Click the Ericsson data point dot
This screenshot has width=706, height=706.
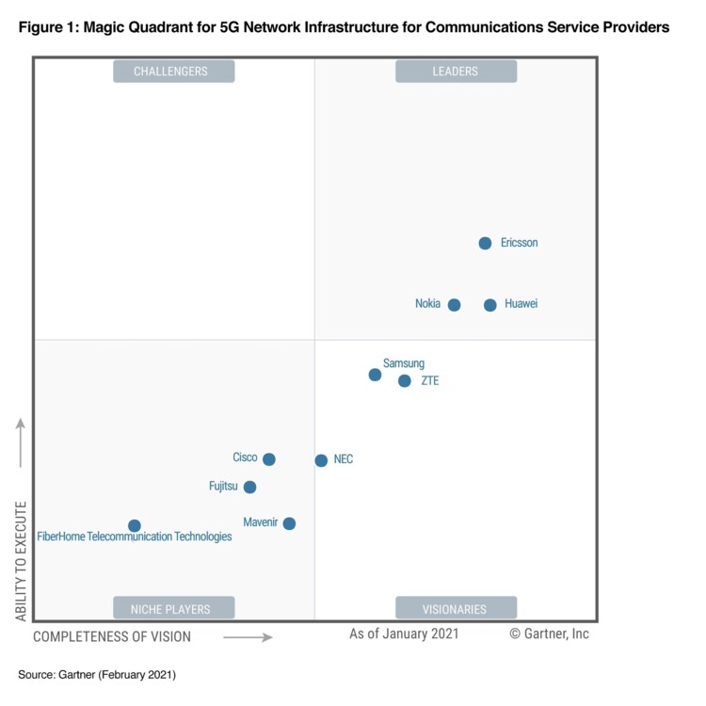485,243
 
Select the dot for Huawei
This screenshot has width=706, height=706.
489,305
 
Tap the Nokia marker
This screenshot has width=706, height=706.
454,305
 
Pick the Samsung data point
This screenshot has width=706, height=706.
375,375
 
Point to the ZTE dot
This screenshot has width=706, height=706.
404,381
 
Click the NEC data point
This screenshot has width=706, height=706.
321,460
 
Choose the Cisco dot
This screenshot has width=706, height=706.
268,459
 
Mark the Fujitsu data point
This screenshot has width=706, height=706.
249,487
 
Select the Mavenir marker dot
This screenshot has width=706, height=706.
289,523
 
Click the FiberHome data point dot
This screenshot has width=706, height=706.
135,525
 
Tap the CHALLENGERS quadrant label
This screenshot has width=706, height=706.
173,72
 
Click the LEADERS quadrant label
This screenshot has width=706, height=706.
456,72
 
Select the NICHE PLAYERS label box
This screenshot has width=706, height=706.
173,608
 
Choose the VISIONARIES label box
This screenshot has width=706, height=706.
456,608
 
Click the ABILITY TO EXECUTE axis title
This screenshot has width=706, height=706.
21,560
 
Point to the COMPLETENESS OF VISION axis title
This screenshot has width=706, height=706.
112,637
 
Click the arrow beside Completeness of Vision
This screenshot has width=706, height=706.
248,637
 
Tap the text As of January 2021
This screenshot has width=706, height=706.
404,634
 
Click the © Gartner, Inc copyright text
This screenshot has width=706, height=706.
549,634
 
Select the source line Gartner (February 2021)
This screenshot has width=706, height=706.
97,675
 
